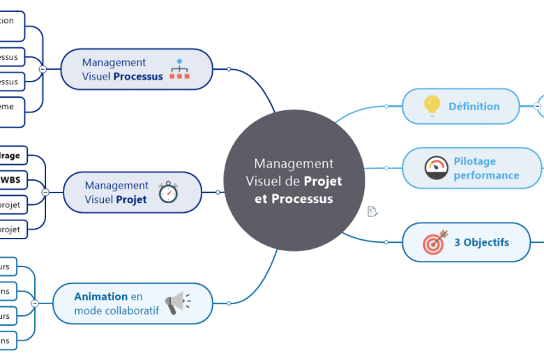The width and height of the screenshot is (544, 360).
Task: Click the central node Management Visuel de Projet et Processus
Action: click(x=294, y=181)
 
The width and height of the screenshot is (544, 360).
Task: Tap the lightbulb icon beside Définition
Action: click(x=432, y=106)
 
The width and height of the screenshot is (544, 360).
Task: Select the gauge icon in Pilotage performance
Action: click(x=437, y=168)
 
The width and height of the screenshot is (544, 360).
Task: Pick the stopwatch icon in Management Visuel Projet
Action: click(x=169, y=192)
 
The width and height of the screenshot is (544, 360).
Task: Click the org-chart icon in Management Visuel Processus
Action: click(x=179, y=69)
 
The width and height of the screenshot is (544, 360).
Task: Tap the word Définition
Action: click(x=474, y=107)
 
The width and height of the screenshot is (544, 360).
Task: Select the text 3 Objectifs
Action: click(x=482, y=243)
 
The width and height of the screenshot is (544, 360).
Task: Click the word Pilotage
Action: click(x=475, y=161)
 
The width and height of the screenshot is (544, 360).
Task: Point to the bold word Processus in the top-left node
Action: click(x=138, y=76)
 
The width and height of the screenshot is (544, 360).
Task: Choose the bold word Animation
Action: click(x=101, y=297)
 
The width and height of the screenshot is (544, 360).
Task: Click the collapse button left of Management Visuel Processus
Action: click(x=43, y=70)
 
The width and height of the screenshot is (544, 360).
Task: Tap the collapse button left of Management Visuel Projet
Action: click(x=45, y=192)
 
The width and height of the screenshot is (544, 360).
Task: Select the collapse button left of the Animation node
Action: click(x=35, y=303)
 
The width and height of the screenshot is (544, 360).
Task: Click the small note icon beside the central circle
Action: click(x=372, y=211)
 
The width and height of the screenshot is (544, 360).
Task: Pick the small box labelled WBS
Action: click(x=10, y=179)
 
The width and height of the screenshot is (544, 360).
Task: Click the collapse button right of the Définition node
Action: click(x=538, y=106)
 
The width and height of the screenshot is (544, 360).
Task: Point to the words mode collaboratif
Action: click(x=116, y=310)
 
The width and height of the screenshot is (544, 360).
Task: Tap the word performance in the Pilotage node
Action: click(x=486, y=175)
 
